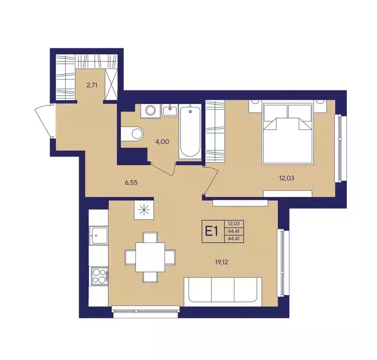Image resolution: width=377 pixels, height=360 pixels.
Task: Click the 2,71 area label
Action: coord(92,85)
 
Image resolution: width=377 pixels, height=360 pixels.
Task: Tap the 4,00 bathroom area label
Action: coord(162,142)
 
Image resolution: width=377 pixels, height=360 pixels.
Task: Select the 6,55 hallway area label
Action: coord(131,182)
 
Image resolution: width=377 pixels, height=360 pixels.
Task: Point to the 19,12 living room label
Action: coord(221,262)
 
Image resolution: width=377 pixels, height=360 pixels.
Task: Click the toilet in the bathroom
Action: coord(133,133)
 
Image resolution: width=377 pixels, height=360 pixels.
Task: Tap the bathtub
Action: coord(190,131)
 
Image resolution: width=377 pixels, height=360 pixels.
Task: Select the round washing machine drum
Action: coord(151,111)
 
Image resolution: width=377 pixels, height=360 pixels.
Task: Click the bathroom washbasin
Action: coord(170,111)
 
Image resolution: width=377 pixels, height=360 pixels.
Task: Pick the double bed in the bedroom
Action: coord(287,134)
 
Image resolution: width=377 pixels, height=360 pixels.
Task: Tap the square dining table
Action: coord(150,257)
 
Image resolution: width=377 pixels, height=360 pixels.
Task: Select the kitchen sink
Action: coord(98,236)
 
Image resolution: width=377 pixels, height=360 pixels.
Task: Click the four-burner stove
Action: coord(100,276)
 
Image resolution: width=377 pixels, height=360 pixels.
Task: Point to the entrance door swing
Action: coord(44,121)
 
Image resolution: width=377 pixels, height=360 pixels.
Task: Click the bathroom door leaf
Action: coord(162,169)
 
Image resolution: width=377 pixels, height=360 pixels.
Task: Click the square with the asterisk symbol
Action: coord(144,210)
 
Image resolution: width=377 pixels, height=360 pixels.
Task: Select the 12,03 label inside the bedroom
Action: coord(287,178)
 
